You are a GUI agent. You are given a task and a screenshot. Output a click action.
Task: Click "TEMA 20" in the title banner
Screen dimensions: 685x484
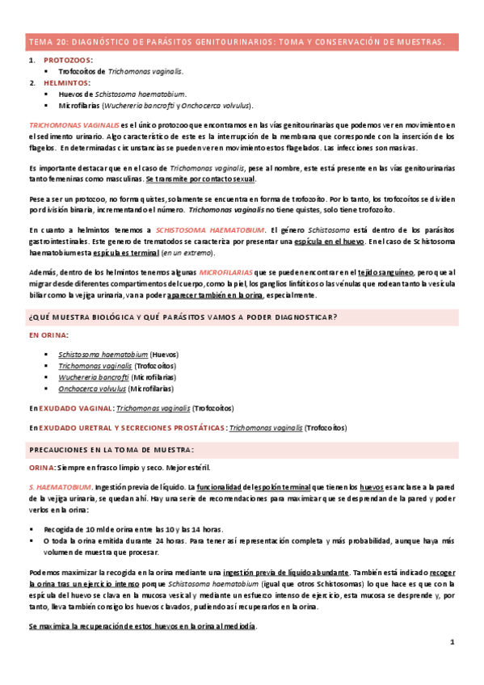coord(48,40)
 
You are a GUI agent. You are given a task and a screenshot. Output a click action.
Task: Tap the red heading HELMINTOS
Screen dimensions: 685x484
coord(67,82)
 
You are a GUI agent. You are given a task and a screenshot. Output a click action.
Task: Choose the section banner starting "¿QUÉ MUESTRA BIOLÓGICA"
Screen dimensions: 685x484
coord(183,316)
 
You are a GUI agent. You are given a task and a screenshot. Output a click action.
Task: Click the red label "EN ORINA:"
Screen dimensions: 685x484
coord(48,334)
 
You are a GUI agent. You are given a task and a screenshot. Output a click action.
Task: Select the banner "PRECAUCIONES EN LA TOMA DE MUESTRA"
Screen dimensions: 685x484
coord(112,448)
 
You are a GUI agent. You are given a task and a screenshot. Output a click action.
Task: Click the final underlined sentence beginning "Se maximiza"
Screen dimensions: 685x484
coord(142,625)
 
